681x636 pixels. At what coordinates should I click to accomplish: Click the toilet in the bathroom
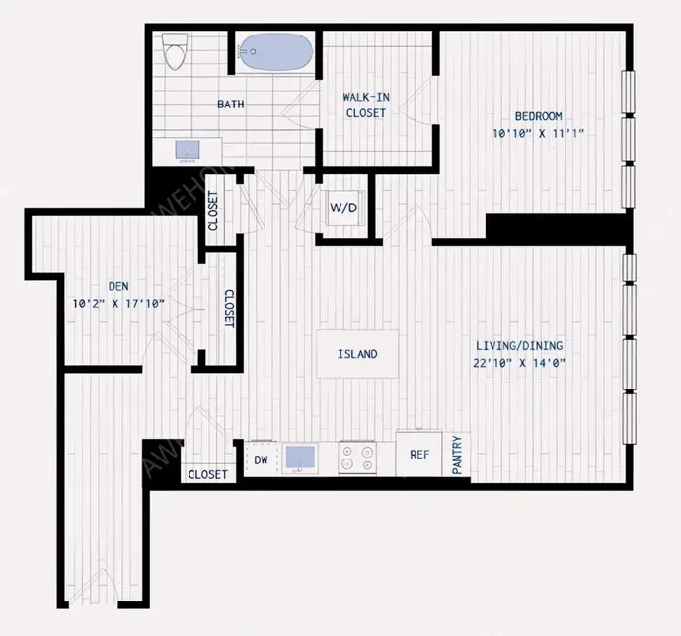tap(174, 51)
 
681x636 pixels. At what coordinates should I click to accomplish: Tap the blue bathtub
tap(276, 51)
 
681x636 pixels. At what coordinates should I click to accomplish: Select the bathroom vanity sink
tap(188, 150)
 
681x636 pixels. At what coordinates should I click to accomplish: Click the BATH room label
tap(231, 105)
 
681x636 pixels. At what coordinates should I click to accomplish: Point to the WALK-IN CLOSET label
tap(366, 105)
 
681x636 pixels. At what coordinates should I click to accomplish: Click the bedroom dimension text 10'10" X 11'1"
tap(538, 133)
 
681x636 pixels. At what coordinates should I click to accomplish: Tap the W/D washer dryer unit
tap(343, 208)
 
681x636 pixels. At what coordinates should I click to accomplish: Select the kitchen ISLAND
tap(357, 354)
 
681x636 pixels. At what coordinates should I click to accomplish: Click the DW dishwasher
tap(261, 459)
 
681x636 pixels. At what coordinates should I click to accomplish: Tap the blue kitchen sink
tap(300, 458)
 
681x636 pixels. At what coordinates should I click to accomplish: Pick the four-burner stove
tap(357, 458)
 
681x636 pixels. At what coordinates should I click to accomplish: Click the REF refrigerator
tap(419, 454)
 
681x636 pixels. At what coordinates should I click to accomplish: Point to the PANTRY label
tap(457, 456)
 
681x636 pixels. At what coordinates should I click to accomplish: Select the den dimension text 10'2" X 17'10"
tap(118, 304)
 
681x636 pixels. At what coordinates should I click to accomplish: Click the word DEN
tap(118, 286)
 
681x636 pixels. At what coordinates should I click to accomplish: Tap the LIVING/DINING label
tap(519, 346)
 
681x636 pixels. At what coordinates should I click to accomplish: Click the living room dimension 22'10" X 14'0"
tap(519, 363)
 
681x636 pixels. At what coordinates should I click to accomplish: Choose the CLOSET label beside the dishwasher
tap(208, 475)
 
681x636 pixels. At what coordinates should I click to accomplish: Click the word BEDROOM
tap(539, 116)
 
